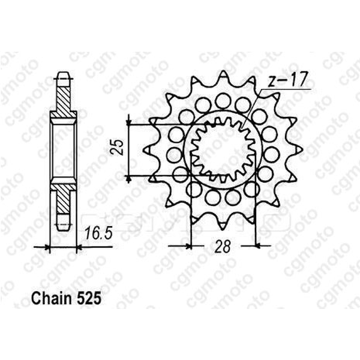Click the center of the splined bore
pos(223,151)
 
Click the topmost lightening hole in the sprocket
pos(223,100)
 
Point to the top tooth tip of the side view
pos(63,75)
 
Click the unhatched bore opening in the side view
pos(63,151)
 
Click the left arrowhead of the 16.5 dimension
pos(49,245)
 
